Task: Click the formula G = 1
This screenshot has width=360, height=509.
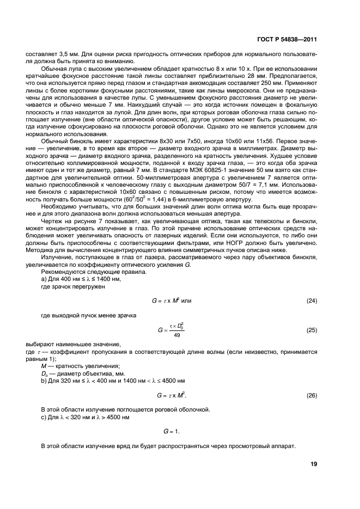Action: click(172, 431)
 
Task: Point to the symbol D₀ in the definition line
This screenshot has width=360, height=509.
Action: click(45, 373)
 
